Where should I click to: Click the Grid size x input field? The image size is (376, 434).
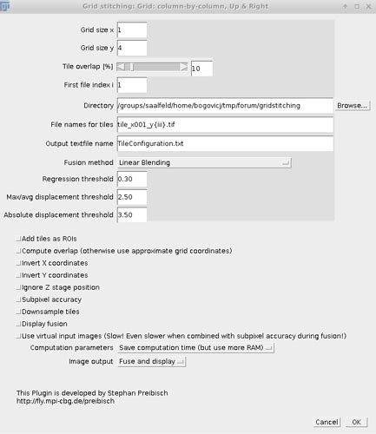(131, 30)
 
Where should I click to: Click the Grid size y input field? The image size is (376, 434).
(131, 49)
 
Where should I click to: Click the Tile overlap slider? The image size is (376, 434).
(152, 66)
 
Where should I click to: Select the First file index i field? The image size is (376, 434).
(131, 85)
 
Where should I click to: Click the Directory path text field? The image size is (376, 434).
(224, 105)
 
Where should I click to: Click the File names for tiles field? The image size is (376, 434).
(224, 124)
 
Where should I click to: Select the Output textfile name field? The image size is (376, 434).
(224, 142)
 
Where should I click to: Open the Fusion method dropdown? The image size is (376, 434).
(204, 161)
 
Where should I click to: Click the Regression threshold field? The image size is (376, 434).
(131, 179)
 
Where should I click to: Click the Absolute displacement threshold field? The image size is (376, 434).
(131, 214)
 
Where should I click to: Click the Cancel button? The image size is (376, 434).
(327, 422)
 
